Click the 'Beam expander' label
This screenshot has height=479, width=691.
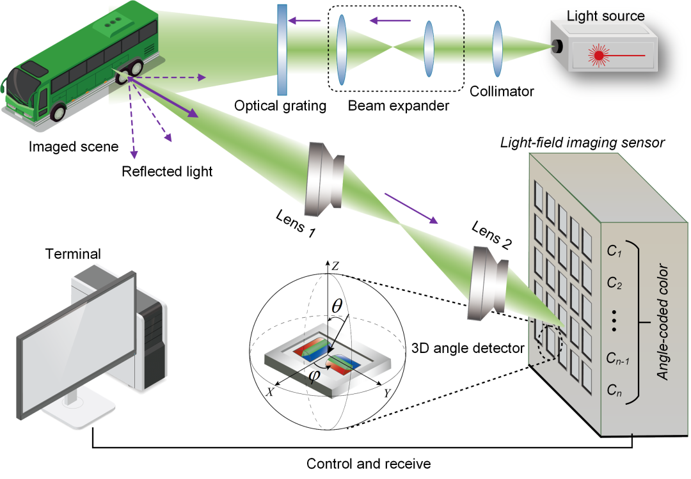(399, 105)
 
